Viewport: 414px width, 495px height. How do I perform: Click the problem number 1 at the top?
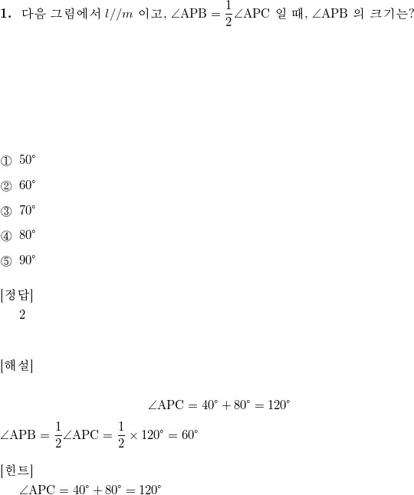[x=5, y=14]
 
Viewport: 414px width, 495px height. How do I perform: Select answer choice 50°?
[x=28, y=159]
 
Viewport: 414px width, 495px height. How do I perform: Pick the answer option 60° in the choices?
[x=28, y=185]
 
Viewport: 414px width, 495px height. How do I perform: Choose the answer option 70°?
[x=28, y=210]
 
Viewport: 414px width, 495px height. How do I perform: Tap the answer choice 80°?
[x=28, y=235]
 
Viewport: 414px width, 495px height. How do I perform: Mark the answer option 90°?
[x=28, y=260]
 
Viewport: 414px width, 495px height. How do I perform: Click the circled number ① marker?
[x=6, y=161]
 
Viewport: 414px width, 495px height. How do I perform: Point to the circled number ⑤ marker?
[x=6, y=261]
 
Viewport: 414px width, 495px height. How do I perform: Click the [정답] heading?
[x=17, y=295]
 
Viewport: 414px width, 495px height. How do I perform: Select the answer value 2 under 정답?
[x=22, y=314]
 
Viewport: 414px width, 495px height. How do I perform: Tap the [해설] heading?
[x=17, y=366]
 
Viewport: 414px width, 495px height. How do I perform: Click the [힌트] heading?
[x=17, y=470]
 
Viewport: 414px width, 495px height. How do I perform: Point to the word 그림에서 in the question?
[x=76, y=14]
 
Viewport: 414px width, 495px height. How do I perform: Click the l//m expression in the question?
[x=119, y=14]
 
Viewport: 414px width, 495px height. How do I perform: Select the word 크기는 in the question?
[x=389, y=14]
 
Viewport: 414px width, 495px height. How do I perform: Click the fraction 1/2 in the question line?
[x=228, y=14]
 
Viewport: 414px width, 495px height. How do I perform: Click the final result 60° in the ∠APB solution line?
[x=190, y=435]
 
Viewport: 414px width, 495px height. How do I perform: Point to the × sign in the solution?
[x=133, y=436]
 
